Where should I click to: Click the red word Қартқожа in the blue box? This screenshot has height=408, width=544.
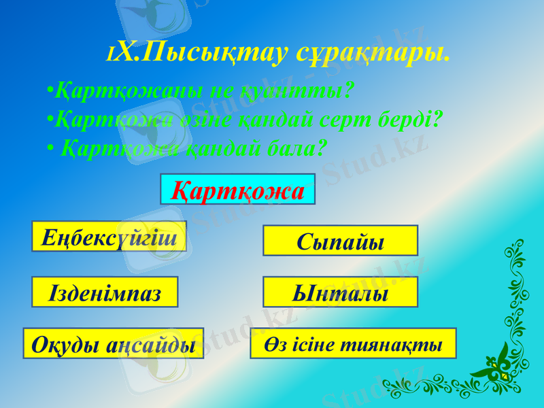coord(237,190)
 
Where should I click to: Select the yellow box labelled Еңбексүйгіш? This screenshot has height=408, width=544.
coord(109,237)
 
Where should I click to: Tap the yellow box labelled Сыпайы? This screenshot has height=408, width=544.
coord(340,241)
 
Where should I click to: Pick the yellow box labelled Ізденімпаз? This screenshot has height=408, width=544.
coord(105,292)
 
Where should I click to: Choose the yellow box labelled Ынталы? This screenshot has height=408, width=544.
coord(340,292)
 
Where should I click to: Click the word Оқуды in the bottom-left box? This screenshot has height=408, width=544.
coord(66,345)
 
